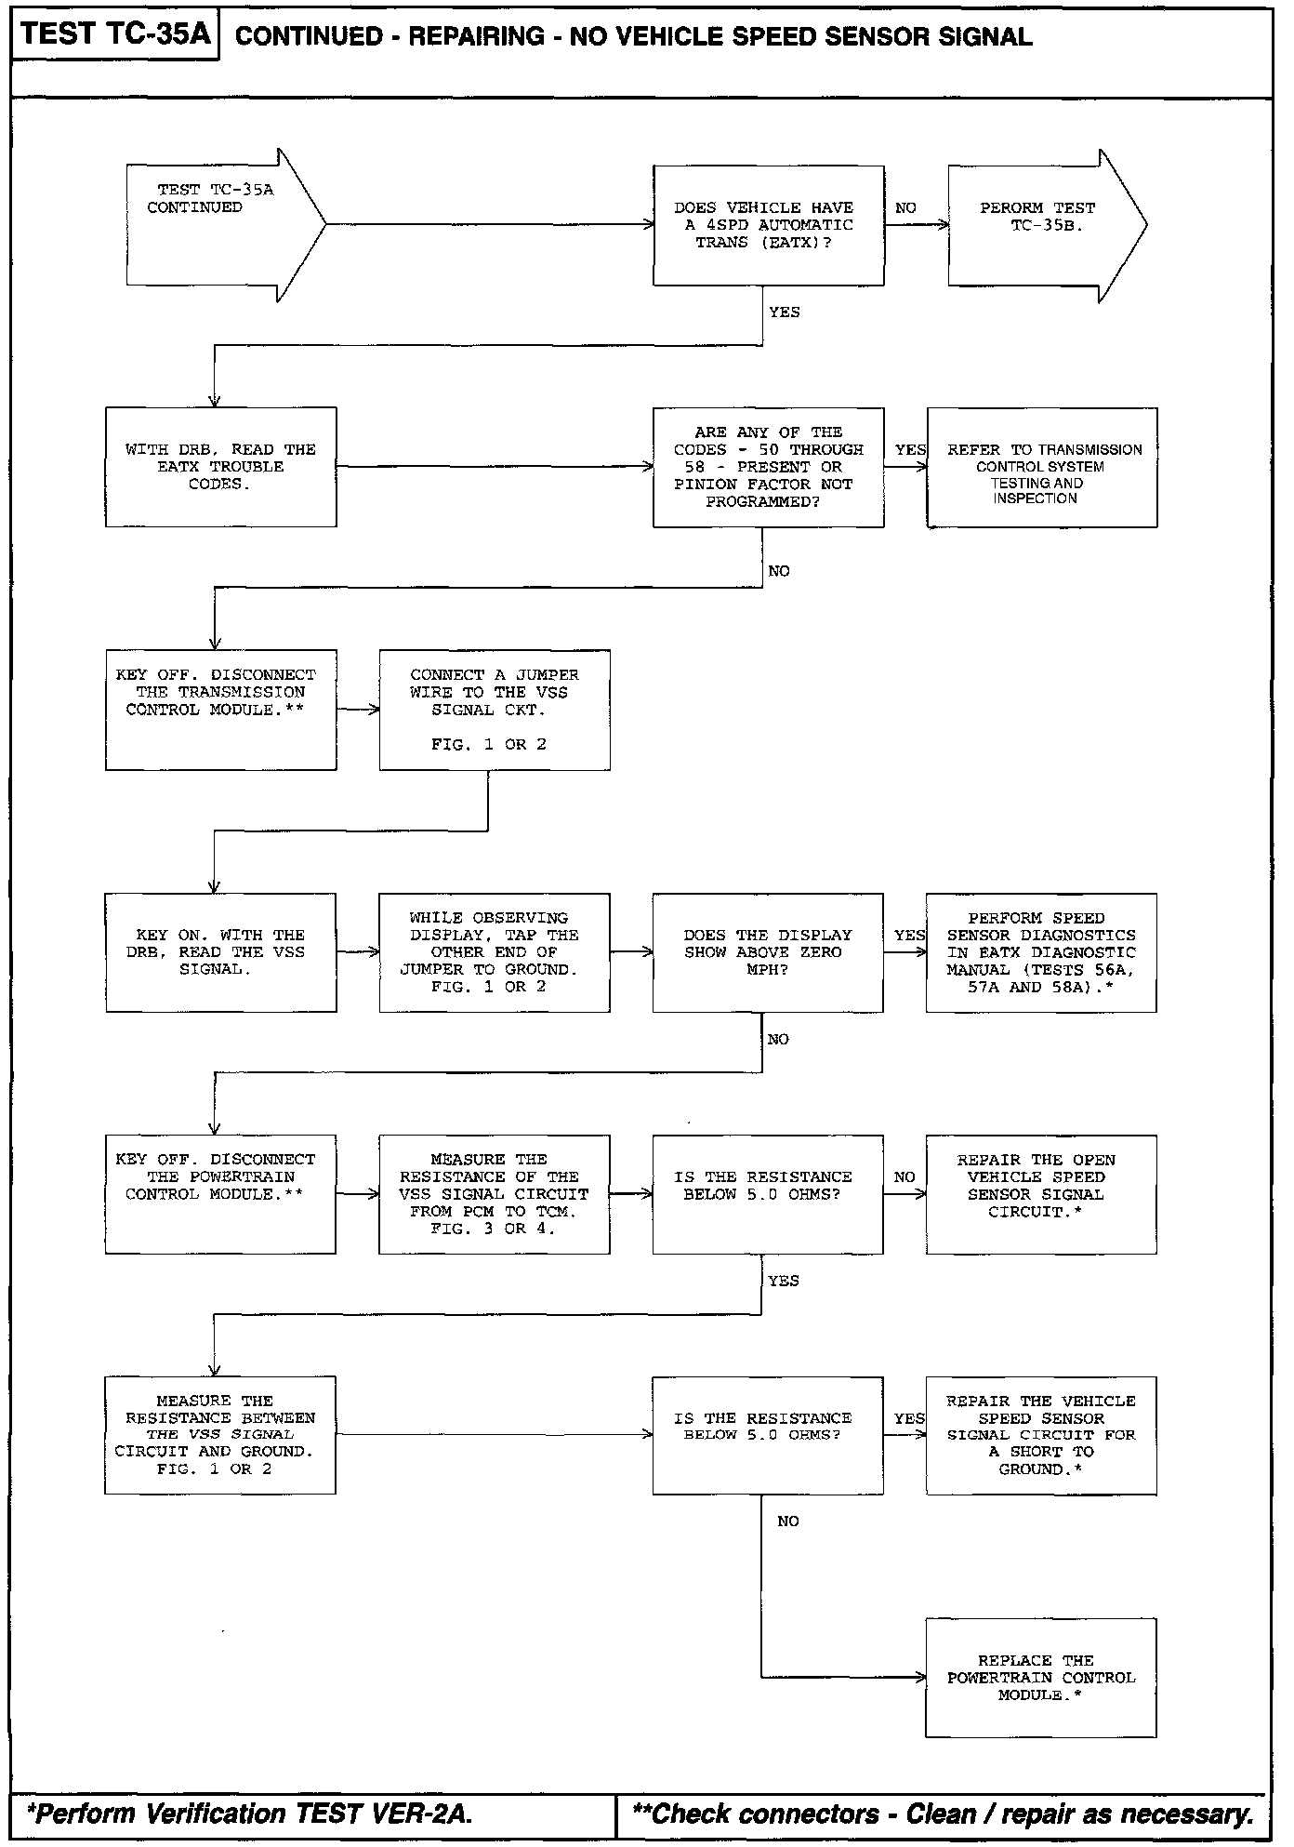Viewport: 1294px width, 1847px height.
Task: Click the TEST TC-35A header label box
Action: (114, 35)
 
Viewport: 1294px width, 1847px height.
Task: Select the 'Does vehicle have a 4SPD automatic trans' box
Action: (768, 226)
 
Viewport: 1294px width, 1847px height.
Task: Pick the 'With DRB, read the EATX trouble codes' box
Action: (220, 467)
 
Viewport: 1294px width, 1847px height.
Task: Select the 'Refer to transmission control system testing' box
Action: (1041, 467)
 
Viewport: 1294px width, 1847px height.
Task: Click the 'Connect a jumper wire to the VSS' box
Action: (495, 710)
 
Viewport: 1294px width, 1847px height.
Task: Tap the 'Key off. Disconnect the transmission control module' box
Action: (220, 710)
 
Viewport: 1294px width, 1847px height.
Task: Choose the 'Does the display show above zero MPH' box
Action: (768, 952)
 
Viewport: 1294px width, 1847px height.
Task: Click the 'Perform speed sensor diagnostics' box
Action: (1041, 952)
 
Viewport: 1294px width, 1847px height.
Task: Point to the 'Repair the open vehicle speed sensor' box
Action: (1041, 1194)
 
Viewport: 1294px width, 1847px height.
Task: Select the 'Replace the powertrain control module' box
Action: (1041, 1678)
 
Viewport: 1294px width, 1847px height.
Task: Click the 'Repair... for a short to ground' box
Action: (1041, 1435)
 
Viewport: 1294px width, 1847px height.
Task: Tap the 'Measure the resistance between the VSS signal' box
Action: (220, 1435)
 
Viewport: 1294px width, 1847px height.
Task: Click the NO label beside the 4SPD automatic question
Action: (905, 208)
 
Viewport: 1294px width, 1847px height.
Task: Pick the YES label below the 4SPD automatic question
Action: (784, 312)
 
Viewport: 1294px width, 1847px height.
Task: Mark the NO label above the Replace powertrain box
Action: (787, 1521)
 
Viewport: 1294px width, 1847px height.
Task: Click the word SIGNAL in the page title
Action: (976, 37)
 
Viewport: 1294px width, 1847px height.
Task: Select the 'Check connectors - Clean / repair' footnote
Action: (941, 1814)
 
